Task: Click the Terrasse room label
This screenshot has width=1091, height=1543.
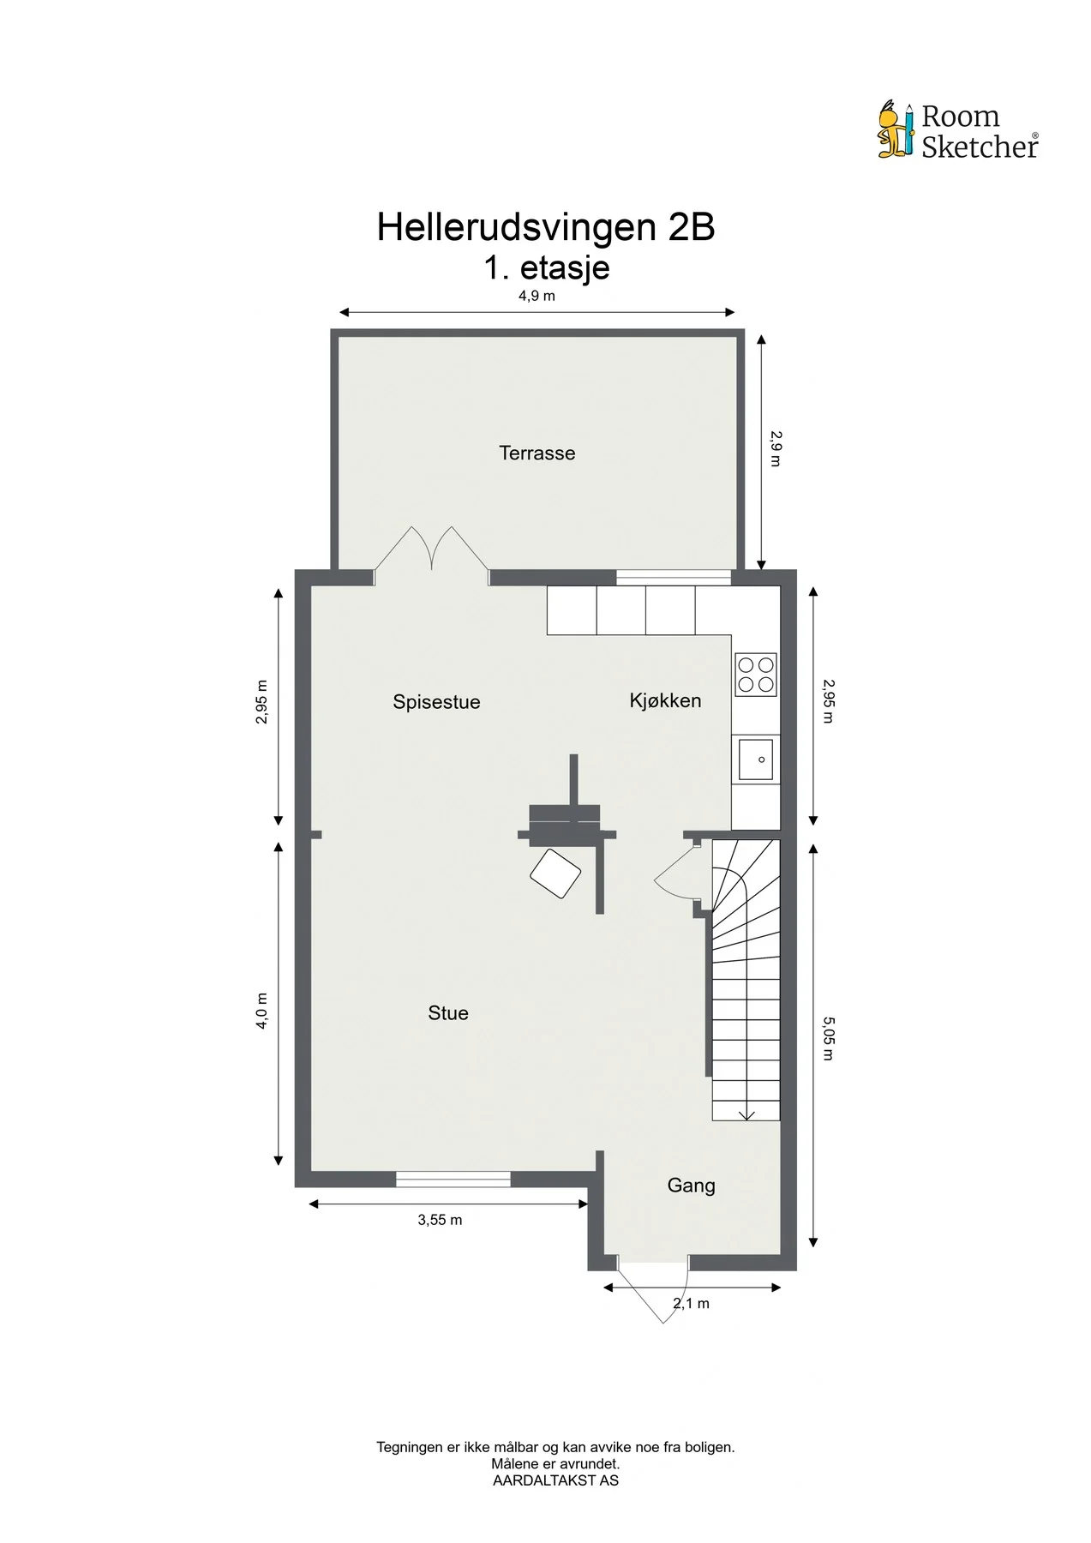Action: click(x=537, y=453)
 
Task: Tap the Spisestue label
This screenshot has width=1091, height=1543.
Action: click(x=436, y=702)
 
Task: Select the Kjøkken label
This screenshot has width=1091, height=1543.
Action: click(x=665, y=700)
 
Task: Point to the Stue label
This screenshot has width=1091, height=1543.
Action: click(x=448, y=1013)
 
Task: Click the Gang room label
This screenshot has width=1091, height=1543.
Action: click(x=691, y=1186)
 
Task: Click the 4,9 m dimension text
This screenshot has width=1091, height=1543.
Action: click(x=537, y=297)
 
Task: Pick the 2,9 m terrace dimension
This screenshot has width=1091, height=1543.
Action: click(x=776, y=448)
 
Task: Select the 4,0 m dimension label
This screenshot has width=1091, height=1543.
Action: click(x=262, y=1011)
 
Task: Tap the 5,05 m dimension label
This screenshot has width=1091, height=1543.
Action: click(x=828, y=1038)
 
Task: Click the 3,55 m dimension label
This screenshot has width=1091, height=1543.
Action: click(x=440, y=1220)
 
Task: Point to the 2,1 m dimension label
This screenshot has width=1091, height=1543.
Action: click(x=692, y=1304)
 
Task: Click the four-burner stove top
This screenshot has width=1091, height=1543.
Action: click(x=756, y=675)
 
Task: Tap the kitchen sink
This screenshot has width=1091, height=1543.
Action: click(x=756, y=759)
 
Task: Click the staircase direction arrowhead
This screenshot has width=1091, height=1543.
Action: click(x=746, y=1115)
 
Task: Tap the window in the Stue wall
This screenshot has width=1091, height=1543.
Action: click(x=453, y=1179)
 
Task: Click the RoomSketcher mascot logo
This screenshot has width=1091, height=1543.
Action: click(x=897, y=130)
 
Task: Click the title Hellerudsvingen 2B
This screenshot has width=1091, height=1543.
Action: click(x=546, y=227)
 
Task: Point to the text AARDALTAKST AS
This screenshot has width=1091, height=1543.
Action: click(x=555, y=1480)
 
